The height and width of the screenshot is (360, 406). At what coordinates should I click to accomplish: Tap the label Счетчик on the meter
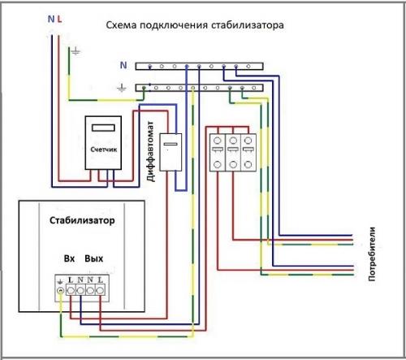point(103,151)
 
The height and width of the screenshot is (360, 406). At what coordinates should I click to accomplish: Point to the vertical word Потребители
point(373,253)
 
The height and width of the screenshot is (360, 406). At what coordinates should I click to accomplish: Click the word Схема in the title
point(123,26)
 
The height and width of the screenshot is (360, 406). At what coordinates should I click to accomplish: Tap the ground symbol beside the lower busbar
point(122,86)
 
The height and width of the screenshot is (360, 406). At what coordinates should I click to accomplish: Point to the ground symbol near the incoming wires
point(76,51)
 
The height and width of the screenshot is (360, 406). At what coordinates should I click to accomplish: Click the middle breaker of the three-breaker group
point(233,152)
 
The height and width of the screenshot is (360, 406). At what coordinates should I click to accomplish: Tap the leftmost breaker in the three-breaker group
point(217,152)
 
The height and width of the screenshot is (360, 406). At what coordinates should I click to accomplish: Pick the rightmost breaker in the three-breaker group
point(249,152)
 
